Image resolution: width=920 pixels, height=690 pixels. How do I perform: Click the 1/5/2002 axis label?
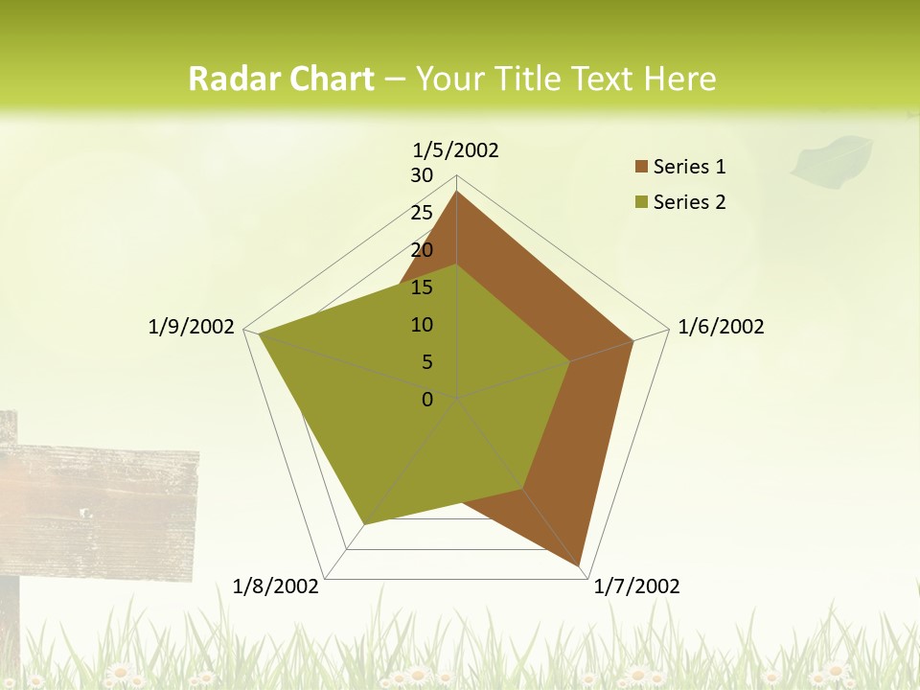[455, 149]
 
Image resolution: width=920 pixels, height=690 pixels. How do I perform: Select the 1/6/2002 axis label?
[721, 327]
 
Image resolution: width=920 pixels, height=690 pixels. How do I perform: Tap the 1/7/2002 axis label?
[636, 586]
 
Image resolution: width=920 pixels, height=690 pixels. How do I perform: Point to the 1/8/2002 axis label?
[276, 586]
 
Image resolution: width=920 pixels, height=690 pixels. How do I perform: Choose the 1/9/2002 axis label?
[191, 327]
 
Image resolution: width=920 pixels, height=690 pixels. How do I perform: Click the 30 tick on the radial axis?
[422, 175]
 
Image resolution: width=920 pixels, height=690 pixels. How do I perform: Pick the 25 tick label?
[422, 213]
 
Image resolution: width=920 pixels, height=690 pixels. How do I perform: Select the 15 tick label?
[422, 287]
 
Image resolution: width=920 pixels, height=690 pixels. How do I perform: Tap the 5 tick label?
[426, 362]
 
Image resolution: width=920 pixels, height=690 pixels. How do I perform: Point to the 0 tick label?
[427, 400]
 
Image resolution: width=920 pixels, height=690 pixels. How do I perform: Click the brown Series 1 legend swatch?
[641, 167]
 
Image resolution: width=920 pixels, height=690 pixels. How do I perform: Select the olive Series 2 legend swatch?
[641, 202]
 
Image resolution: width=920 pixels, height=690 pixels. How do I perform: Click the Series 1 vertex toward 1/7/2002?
[582, 566]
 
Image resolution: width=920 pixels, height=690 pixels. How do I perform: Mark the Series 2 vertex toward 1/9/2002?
[259, 334]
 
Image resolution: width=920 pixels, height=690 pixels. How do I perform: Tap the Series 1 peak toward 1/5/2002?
[457, 192]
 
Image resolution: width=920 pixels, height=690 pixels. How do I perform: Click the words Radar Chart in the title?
[281, 79]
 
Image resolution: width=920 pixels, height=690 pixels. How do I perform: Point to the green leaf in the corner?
[831, 158]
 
